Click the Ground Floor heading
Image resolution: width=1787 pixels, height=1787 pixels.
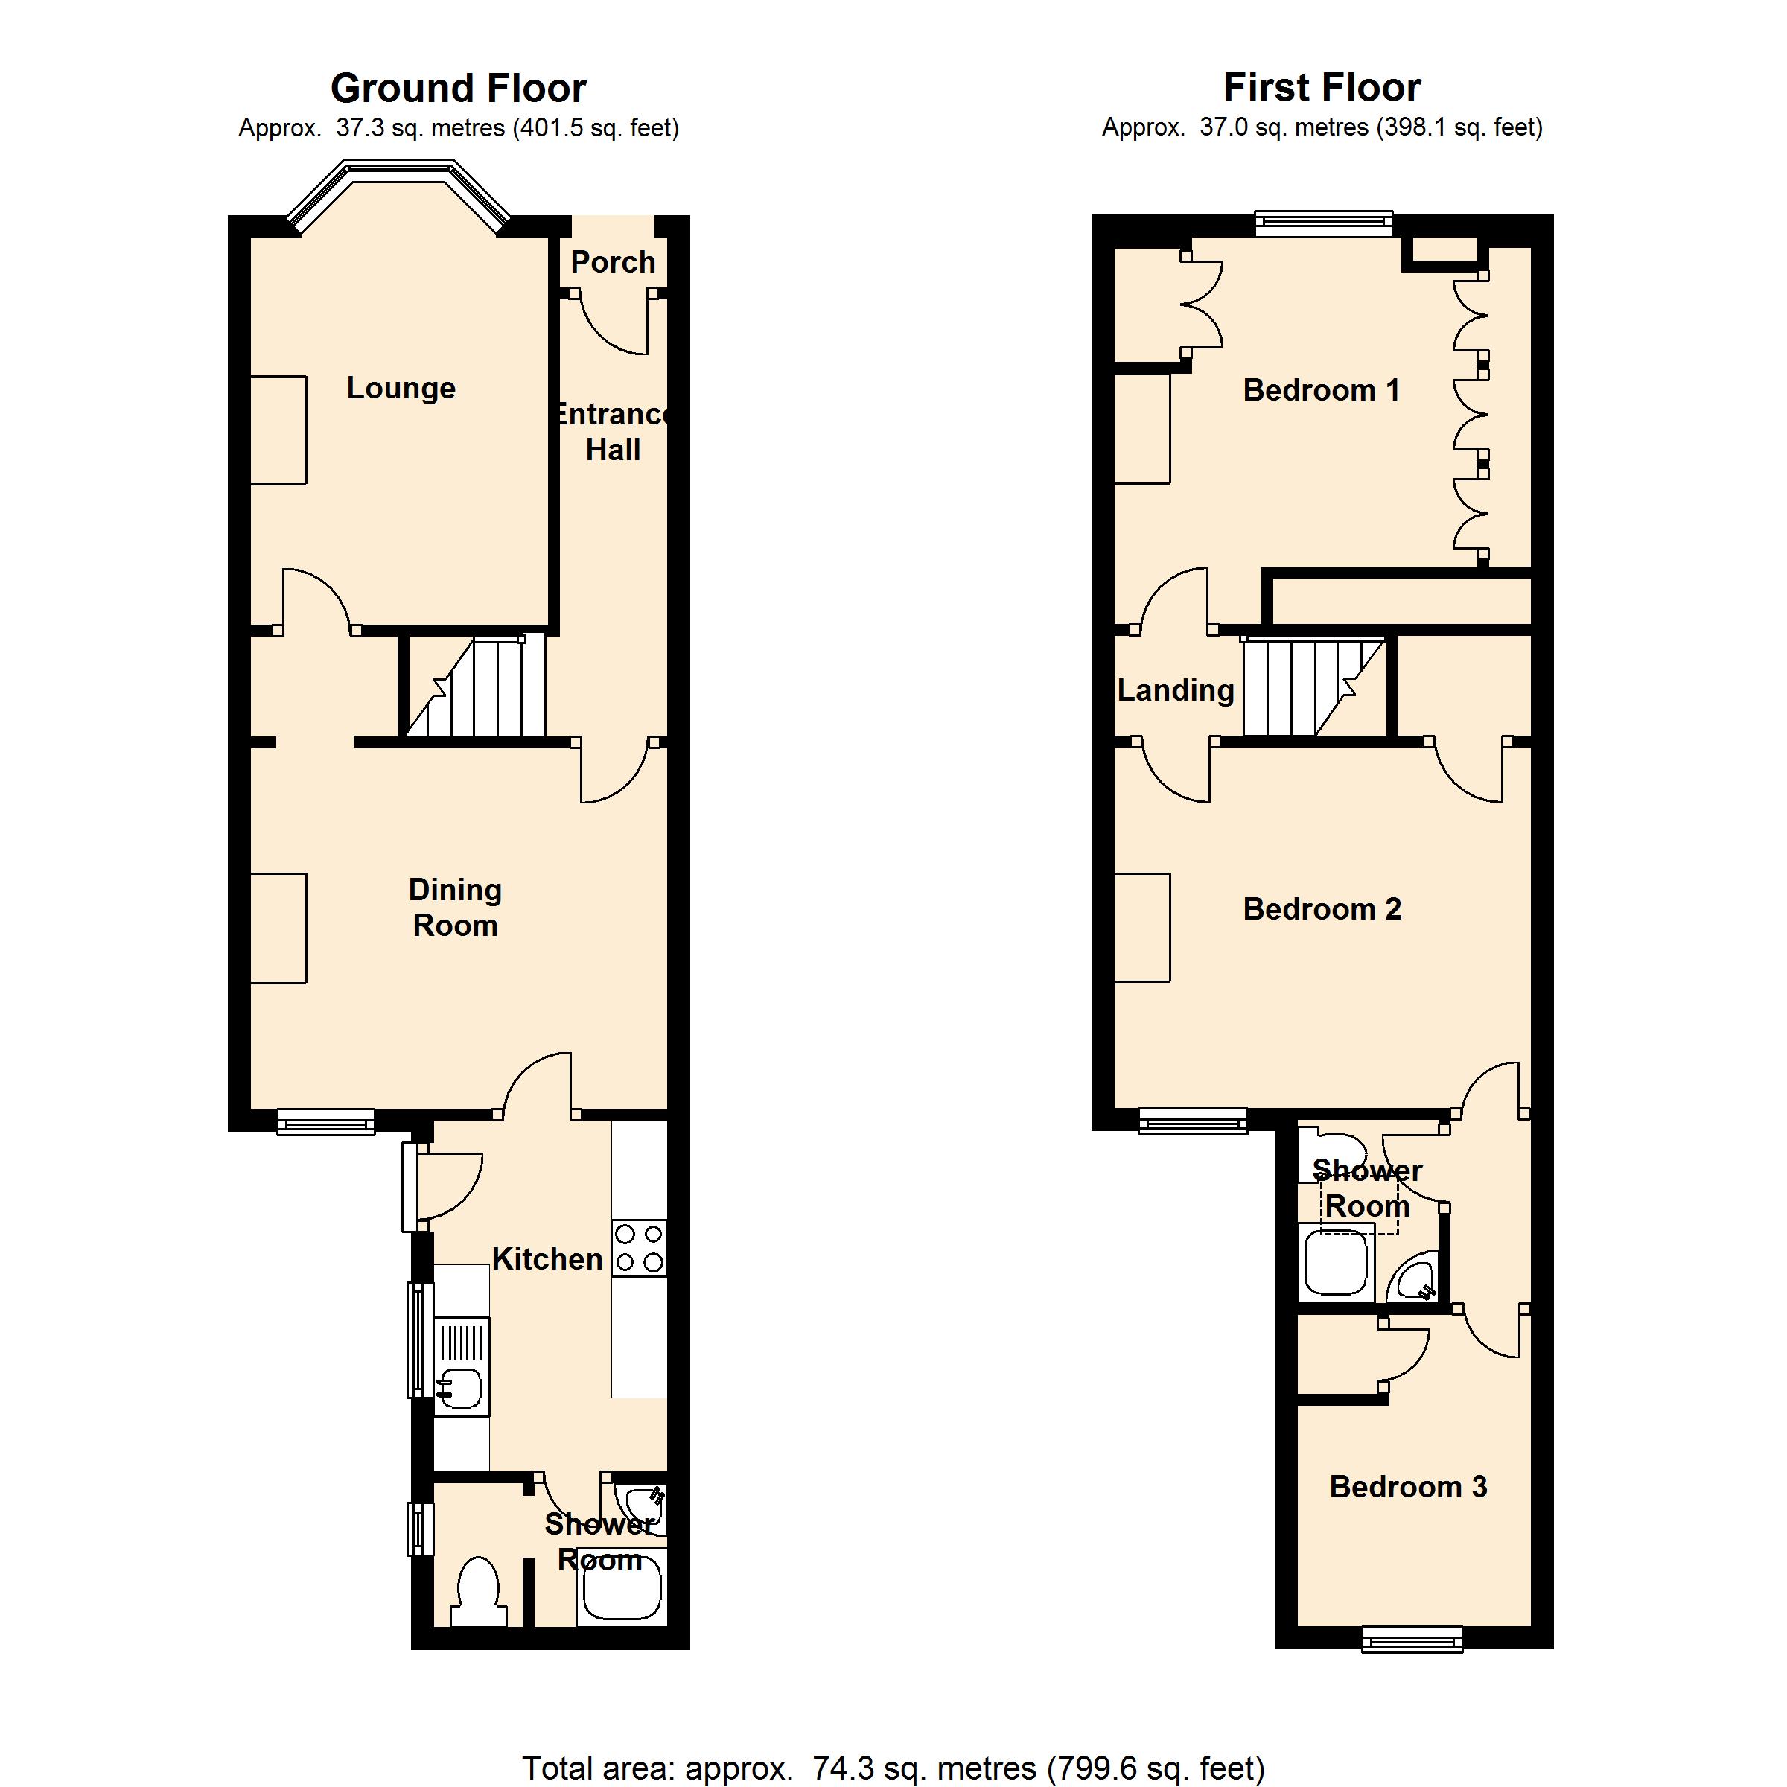click(458, 89)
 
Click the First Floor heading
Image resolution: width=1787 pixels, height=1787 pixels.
click(1322, 88)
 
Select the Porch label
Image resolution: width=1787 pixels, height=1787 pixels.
click(614, 262)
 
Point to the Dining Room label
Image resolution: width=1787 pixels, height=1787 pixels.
click(455, 908)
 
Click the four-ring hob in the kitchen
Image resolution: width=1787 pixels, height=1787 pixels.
click(639, 1248)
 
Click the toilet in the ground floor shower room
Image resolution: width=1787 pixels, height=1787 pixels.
click(478, 1593)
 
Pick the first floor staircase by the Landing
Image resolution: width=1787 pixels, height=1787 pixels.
click(1313, 687)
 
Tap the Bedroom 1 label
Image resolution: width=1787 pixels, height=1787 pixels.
click(1321, 390)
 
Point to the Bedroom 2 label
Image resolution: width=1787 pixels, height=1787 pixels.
click(1322, 909)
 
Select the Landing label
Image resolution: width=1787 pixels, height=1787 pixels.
click(1176, 690)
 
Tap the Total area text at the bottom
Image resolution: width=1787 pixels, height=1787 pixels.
click(893, 1768)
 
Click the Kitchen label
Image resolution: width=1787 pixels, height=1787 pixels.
click(547, 1259)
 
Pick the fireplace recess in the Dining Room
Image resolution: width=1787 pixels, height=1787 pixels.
click(278, 928)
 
